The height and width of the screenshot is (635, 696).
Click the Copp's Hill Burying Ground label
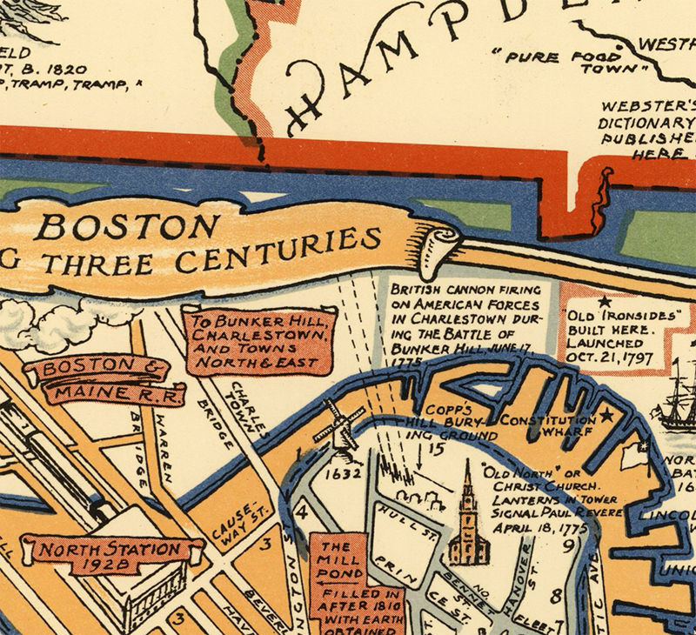453,422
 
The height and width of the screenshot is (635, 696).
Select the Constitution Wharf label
547,425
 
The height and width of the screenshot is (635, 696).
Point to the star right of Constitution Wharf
607,418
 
